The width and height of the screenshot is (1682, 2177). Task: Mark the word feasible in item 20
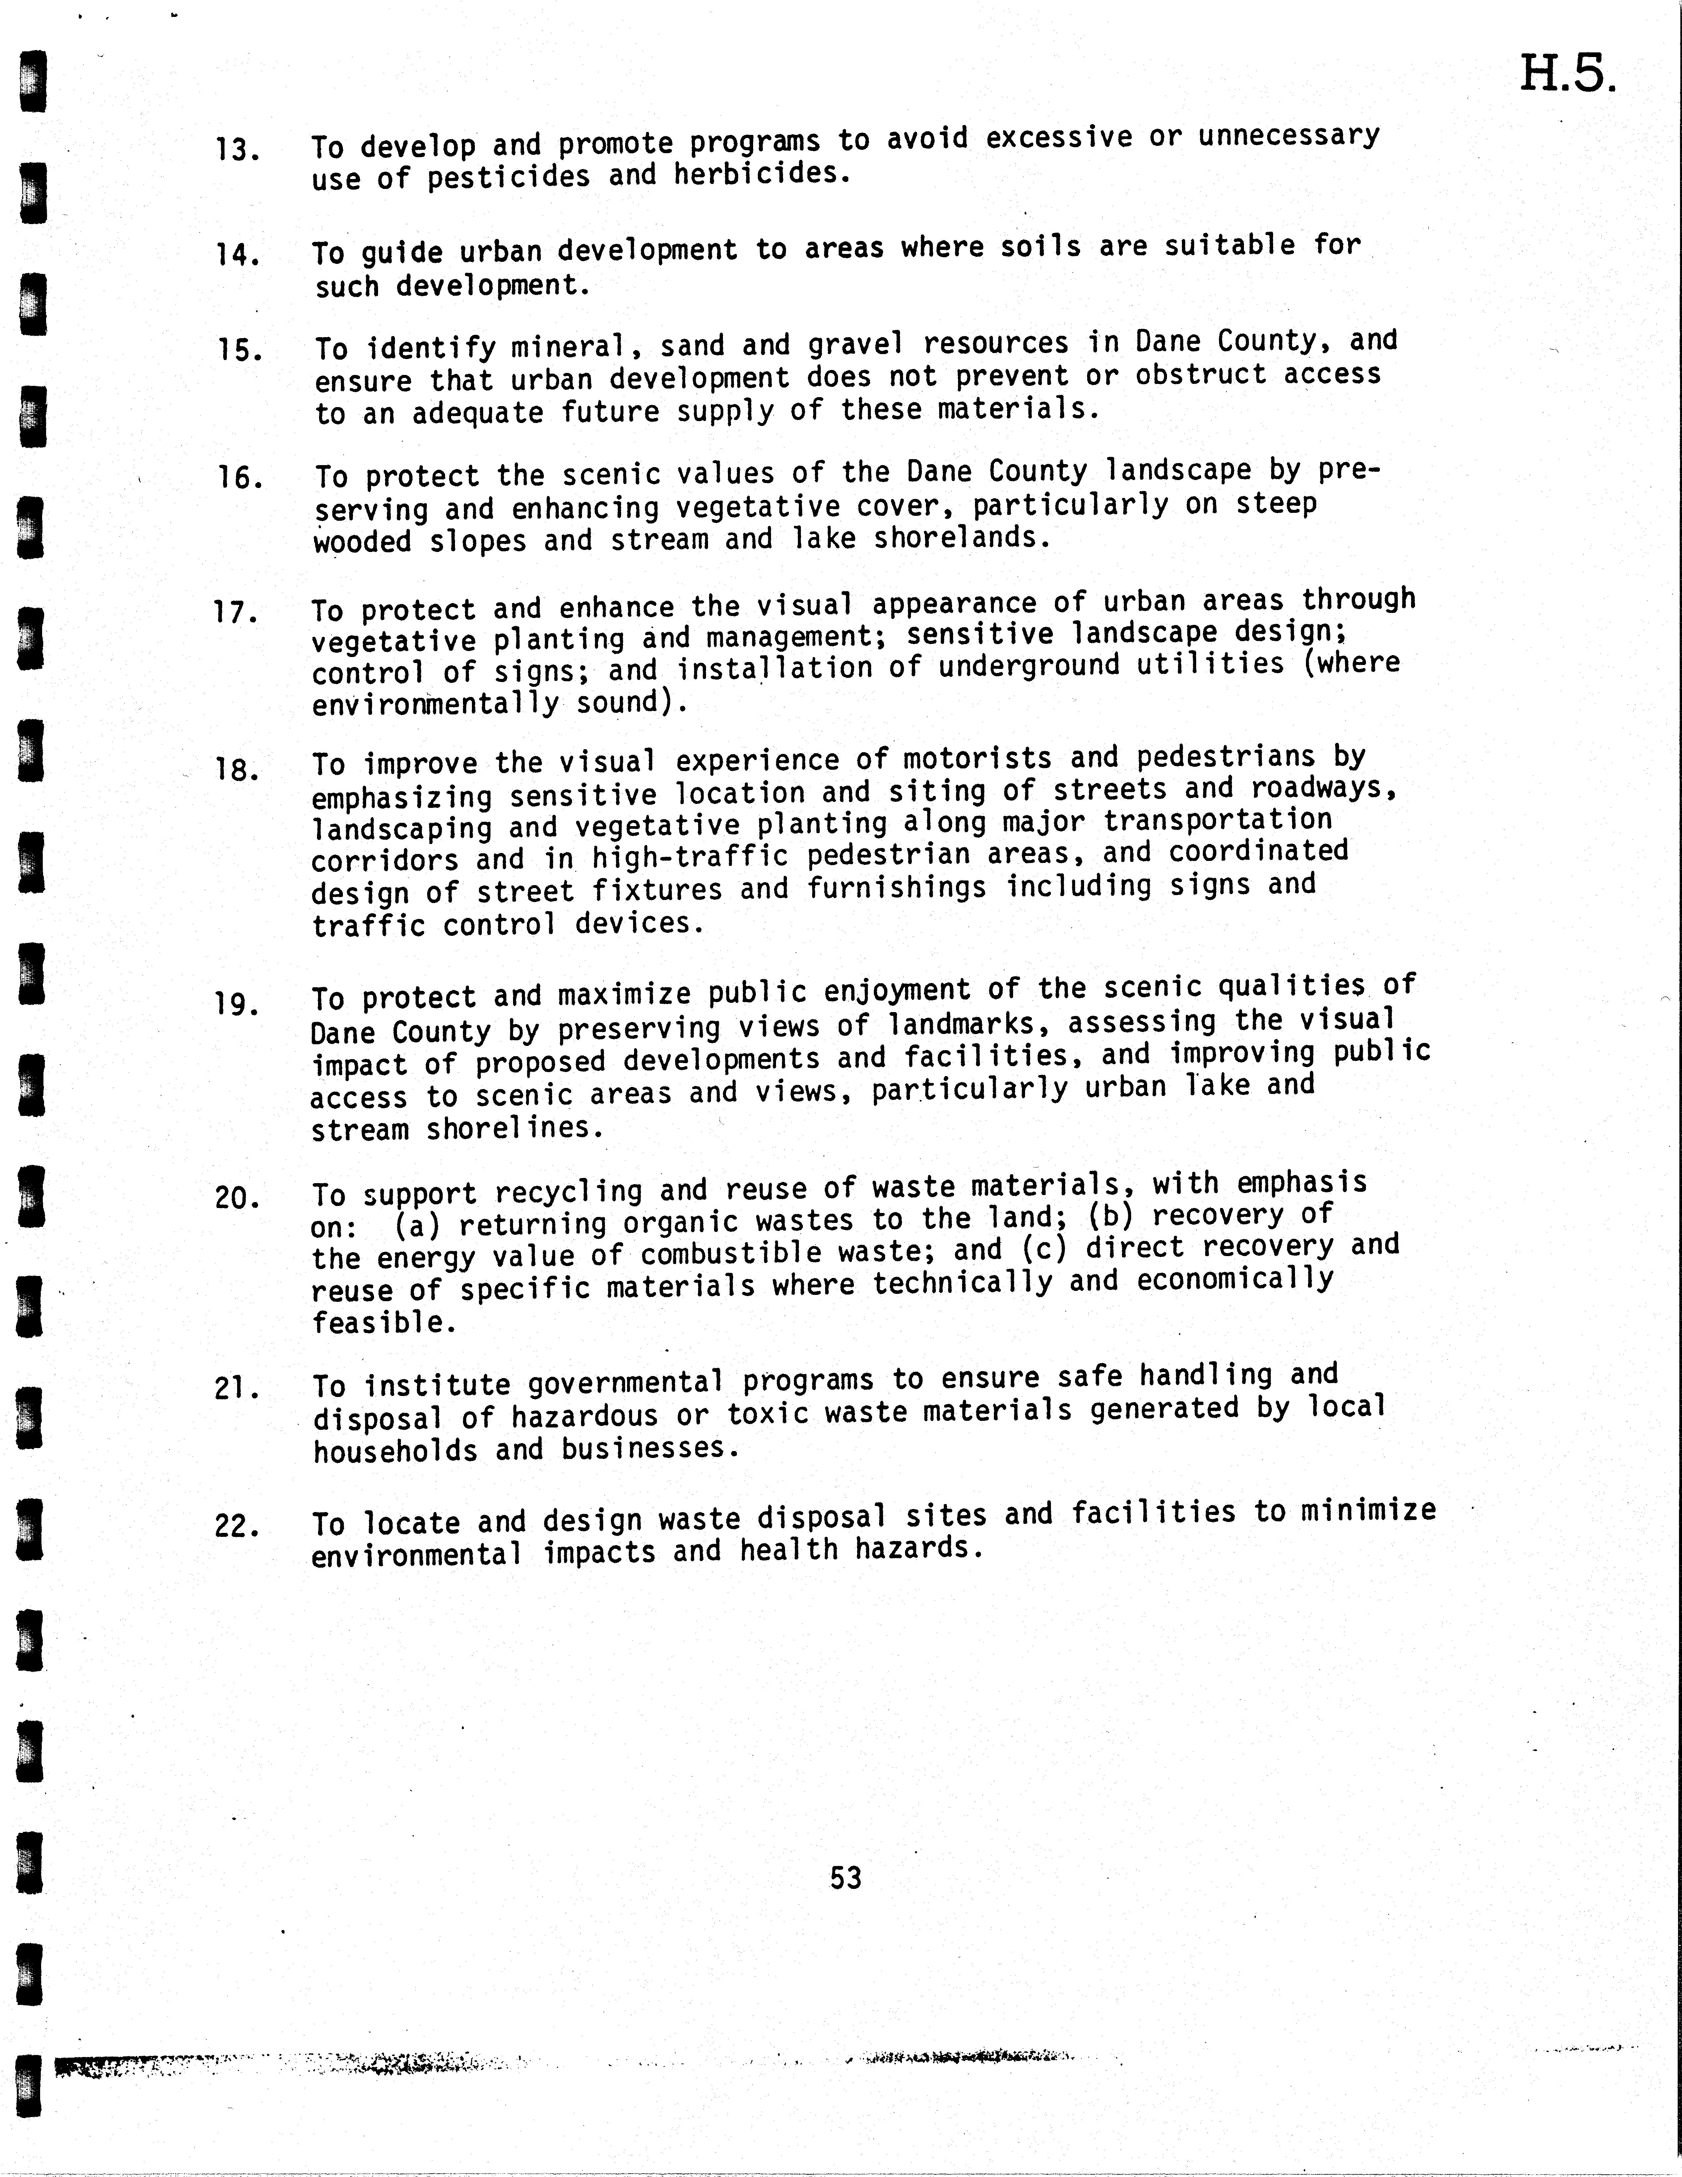[x=384, y=1323]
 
